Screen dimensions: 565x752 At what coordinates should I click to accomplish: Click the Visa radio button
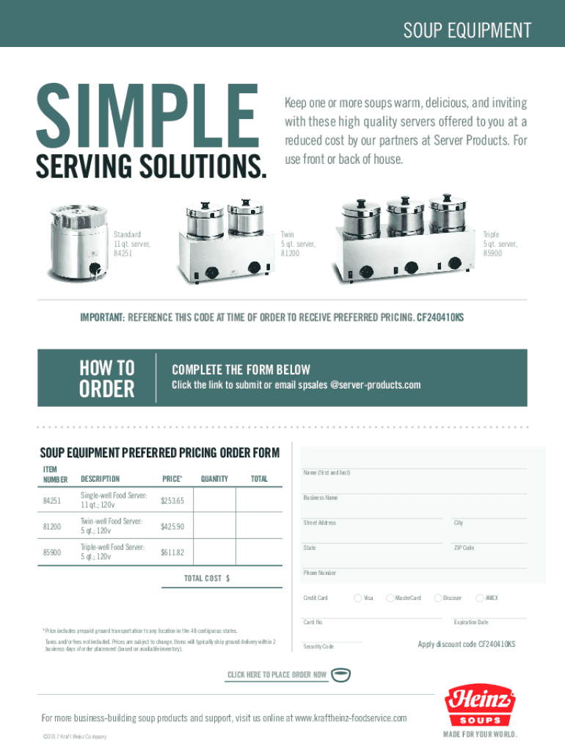[x=357, y=598]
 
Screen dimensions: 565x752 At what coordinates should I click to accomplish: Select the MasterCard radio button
[x=390, y=598]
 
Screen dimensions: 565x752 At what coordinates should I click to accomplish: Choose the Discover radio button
[x=437, y=598]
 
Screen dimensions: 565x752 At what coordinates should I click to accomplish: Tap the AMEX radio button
[x=480, y=598]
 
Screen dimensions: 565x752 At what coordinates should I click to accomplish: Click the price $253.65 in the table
[x=172, y=501]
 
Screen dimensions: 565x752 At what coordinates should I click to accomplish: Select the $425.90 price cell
[x=172, y=527]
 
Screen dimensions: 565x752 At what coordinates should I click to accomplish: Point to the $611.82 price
[x=172, y=552]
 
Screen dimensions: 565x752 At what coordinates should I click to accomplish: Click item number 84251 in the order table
[x=52, y=501]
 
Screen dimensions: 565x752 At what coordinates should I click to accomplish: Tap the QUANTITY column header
[x=214, y=479]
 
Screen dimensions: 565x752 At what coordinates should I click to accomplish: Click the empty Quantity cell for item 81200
[x=214, y=526]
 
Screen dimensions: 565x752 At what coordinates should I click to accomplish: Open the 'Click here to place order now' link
[x=277, y=675]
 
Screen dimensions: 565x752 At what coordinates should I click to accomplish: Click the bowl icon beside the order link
[x=340, y=675]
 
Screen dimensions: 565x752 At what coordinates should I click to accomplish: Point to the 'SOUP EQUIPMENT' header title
[x=467, y=30]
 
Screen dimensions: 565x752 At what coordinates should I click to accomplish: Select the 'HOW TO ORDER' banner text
[x=107, y=378]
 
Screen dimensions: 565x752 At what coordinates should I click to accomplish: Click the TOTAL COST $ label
[x=206, y=579]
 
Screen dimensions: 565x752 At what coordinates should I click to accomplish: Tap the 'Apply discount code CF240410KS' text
[x=466, y=644]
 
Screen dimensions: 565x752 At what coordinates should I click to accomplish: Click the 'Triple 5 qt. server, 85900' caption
[x=500, y=244]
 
